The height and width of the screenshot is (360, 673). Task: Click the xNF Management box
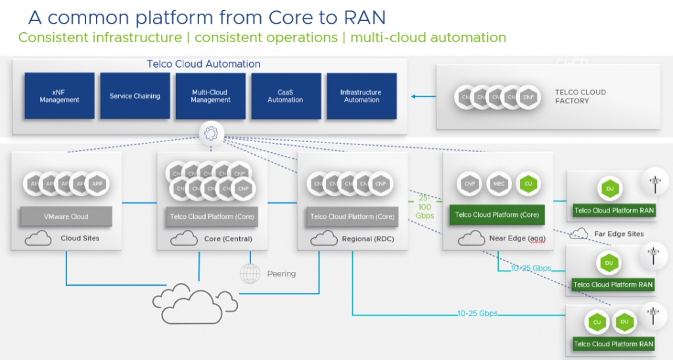click(x=59, y=96)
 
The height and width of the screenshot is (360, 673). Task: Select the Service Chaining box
click(x=135, y=96)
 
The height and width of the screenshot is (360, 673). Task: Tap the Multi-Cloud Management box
click(x=210, y=96)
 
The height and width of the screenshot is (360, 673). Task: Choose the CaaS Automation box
click(x=286, y=96)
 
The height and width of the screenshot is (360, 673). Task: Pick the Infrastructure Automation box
click(x=361, y=96)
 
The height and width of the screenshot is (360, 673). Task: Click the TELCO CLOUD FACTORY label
click(x=580, y=97)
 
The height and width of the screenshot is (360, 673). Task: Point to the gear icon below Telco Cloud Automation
click(x=211, y=134)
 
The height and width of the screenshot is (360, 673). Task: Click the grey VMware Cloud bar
click(x=66, y=216)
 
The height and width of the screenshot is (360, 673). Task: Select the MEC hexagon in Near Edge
click(x=498, y=184)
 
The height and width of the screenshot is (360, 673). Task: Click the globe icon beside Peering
click(x=250, y=273)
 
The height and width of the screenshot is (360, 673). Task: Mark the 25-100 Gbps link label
click(x=425, y=207)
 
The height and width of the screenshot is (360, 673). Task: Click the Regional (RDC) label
click(x=368, y=238)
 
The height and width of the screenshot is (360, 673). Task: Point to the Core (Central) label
click(x=228, y=238)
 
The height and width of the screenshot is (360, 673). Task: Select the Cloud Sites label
click(x=80, y=238)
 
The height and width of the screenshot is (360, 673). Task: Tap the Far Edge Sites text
click(x=618, y=234)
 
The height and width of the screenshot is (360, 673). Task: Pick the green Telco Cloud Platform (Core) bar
click(x=497, y=215)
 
